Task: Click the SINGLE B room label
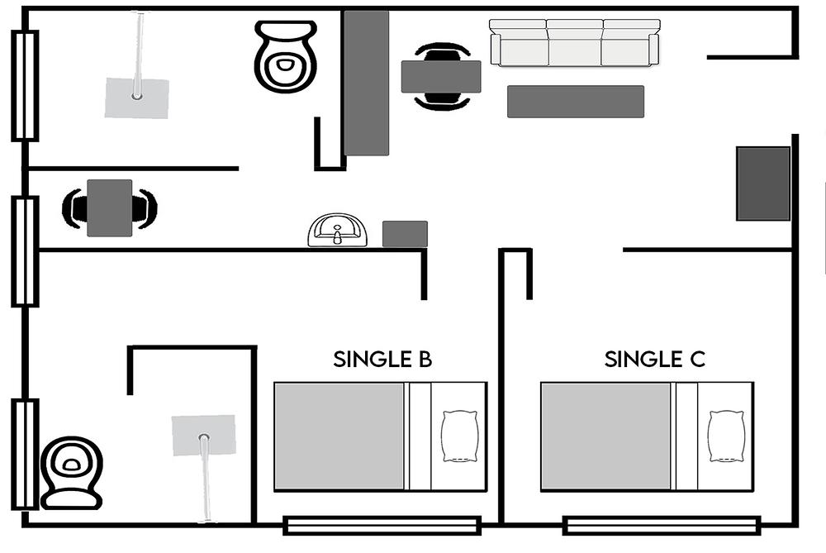382,359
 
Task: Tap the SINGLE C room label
654,359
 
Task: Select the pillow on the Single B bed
460,436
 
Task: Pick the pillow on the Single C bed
727,436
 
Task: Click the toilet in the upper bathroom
286,56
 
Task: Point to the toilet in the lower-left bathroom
71,473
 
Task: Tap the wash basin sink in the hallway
337,230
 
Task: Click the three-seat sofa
575,43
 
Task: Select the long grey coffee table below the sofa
575,101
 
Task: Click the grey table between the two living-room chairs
441,76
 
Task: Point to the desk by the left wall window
110,207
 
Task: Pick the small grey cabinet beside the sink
405,234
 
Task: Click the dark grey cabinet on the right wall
762,184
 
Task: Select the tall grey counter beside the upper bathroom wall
367,83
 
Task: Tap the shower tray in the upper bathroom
137,98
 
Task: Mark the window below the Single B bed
382,526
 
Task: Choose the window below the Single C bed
662,526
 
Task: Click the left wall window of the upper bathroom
25,86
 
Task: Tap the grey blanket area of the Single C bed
605,436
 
